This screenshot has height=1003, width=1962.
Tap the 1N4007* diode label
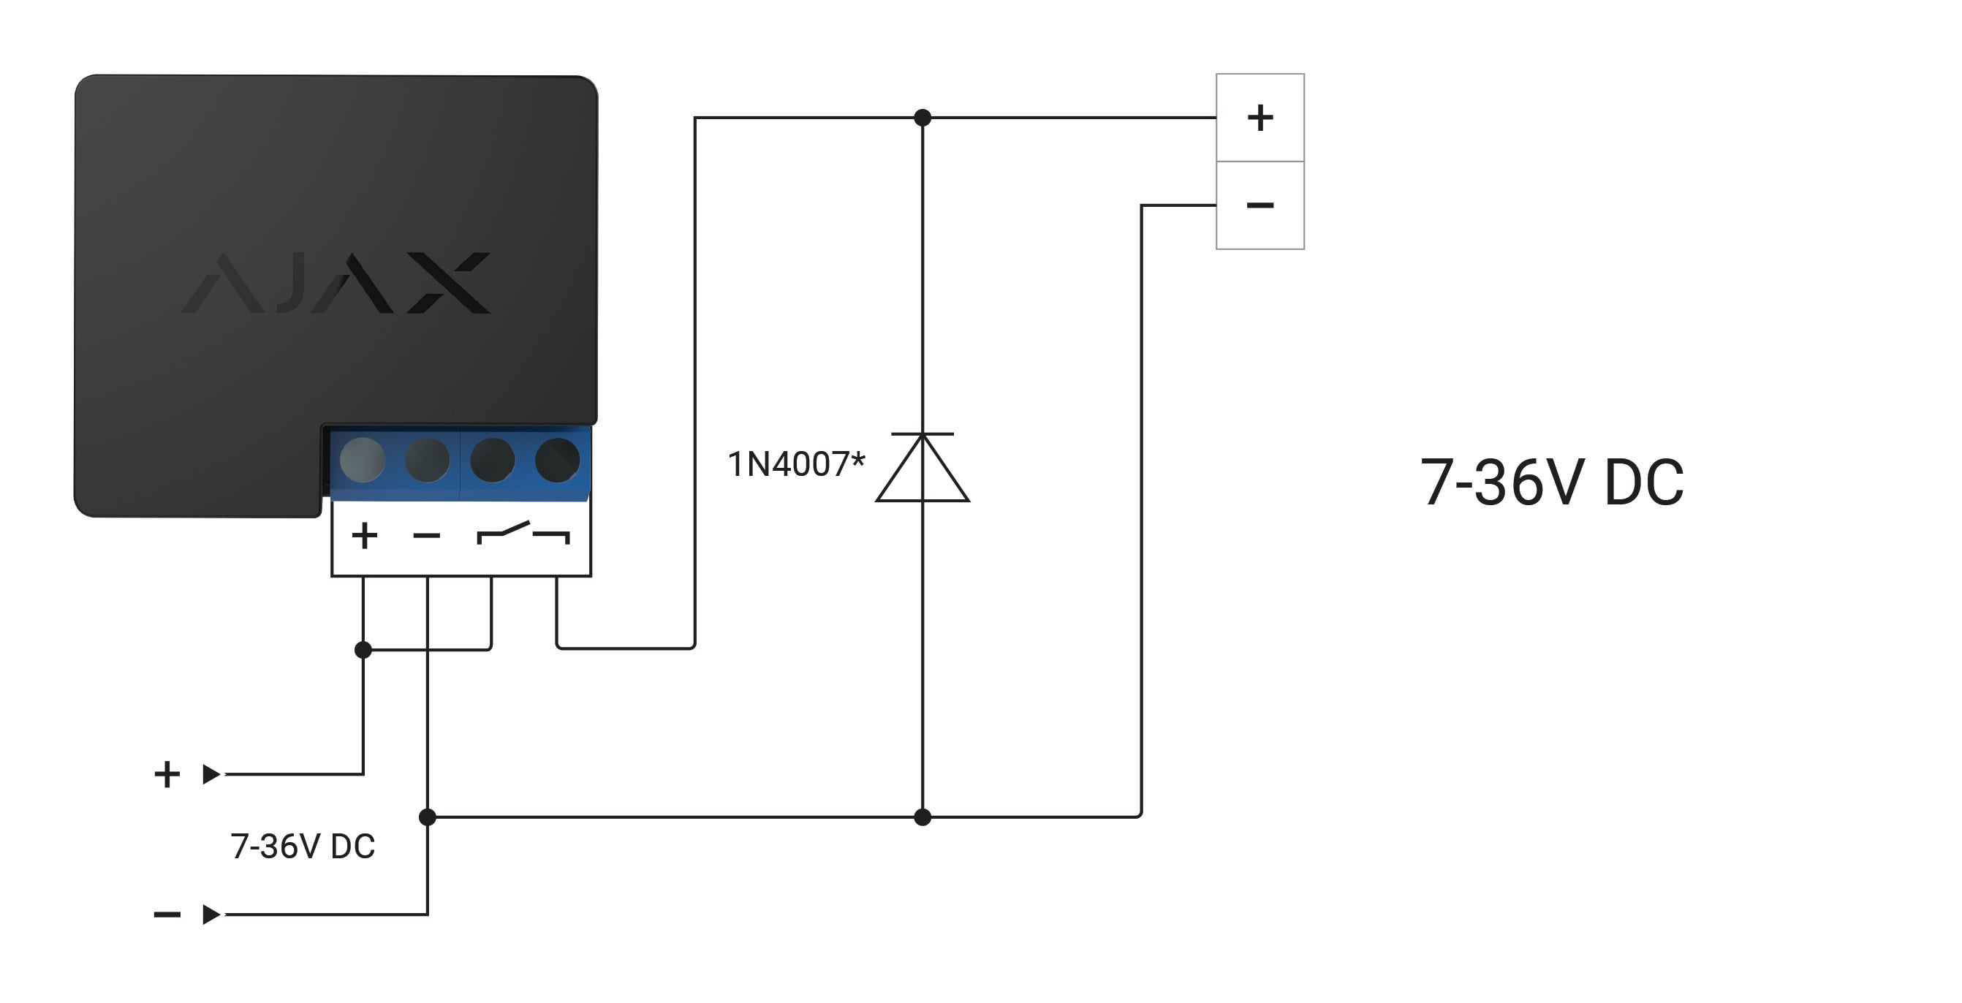tap(797, 463)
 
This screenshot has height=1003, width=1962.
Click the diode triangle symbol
tap(923, 467)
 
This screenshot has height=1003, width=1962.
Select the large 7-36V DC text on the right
tap(1552, 482)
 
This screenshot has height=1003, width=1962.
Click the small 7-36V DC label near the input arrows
tap(303, 846)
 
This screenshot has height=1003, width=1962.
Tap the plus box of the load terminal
tap(1260, 117)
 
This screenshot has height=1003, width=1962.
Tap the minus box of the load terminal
tap(1260, 205)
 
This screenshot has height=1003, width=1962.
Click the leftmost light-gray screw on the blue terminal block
tap(363, 460)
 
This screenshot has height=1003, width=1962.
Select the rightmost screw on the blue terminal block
tap(558, 460)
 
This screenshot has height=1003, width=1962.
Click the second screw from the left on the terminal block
tap(428, 460)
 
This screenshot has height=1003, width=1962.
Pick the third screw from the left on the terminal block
tap(493, 460)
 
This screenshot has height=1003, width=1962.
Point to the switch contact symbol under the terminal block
tap(523, 533)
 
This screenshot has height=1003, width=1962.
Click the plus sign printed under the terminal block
tap(364, 535)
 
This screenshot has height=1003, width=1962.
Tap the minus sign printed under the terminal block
tap(426, 536)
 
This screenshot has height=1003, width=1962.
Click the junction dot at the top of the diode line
tap(923, 117)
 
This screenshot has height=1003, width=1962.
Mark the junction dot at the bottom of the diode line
tap(923, 817)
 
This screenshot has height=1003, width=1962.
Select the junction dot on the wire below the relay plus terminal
tap(363, 650)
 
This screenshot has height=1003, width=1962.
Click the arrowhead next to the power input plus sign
tap(211, 774)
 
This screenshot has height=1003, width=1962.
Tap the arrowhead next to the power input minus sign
tap(211, 914)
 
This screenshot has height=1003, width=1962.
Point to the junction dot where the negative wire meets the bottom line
tap(428, 817)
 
